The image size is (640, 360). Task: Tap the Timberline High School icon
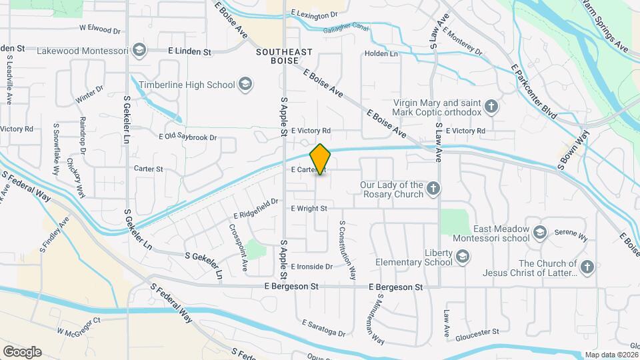coord(245,84)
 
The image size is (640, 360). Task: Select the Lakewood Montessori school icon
coord(139,50)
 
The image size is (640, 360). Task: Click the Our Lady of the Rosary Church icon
coord(433,189)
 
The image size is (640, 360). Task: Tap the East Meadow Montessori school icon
coord(539,233)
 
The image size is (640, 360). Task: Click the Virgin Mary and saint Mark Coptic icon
coord(491,107)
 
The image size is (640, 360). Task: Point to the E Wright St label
coord(309,209)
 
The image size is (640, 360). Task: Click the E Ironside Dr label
coord(311,267)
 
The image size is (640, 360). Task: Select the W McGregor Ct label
coord(78,325)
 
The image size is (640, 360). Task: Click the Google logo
coord(22,351)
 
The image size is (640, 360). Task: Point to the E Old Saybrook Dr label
coord(187,137)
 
